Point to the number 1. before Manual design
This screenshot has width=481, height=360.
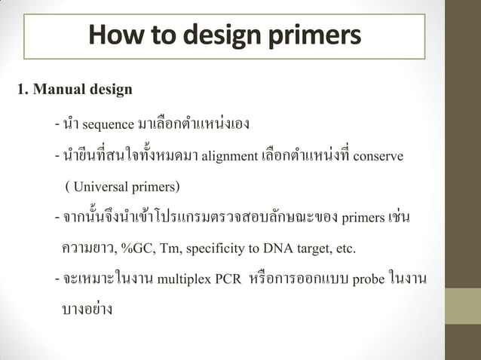click(x=23, y=91)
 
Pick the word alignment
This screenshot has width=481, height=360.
click(x=229, y=157)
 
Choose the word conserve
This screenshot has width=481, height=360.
click(x=378, y=157)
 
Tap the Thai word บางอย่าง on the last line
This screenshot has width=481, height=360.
click(x=87, y=310)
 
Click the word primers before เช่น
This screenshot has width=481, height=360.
click(x=362, y=219)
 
